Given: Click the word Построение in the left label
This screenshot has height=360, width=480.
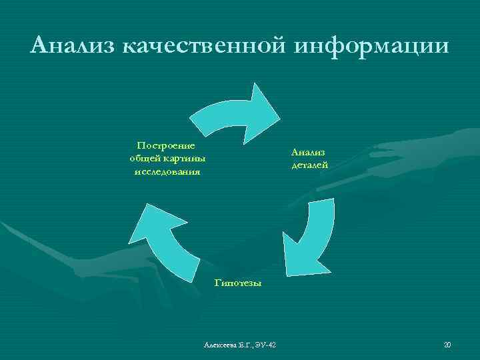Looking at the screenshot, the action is pos(166,145).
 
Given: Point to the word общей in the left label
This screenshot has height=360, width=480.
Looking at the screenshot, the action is pos(142,158).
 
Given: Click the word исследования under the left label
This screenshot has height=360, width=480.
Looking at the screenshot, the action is pos(167,171).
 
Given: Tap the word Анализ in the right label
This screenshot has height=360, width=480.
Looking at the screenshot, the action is pos(308,151).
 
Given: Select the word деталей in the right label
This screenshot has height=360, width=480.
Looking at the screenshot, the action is pos(309,165).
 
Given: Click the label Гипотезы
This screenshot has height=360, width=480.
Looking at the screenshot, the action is pos(238,283).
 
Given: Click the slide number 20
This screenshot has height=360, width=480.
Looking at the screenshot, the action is pos(447,345).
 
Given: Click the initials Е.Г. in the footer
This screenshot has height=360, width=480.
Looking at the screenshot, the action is pos(245,345).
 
